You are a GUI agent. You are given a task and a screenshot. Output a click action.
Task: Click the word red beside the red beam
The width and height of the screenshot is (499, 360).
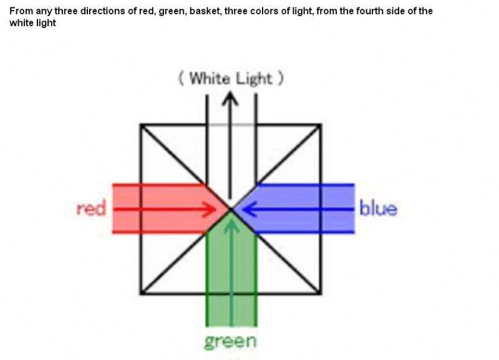(x=91, y=208)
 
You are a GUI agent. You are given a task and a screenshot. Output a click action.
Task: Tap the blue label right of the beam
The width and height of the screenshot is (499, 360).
(x=378, y=208)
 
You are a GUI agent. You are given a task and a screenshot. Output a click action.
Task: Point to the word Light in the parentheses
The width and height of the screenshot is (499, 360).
(x=254, y=79)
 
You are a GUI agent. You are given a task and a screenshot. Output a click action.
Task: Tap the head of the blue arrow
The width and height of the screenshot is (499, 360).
(x=245, y=209)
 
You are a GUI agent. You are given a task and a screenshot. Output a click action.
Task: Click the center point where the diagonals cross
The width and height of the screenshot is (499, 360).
(x=231, y=209)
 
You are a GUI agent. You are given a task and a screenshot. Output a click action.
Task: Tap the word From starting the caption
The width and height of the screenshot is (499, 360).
(x=20, y=11)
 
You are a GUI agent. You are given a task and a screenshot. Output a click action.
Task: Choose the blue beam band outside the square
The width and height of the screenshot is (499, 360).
(x=337, y=209)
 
